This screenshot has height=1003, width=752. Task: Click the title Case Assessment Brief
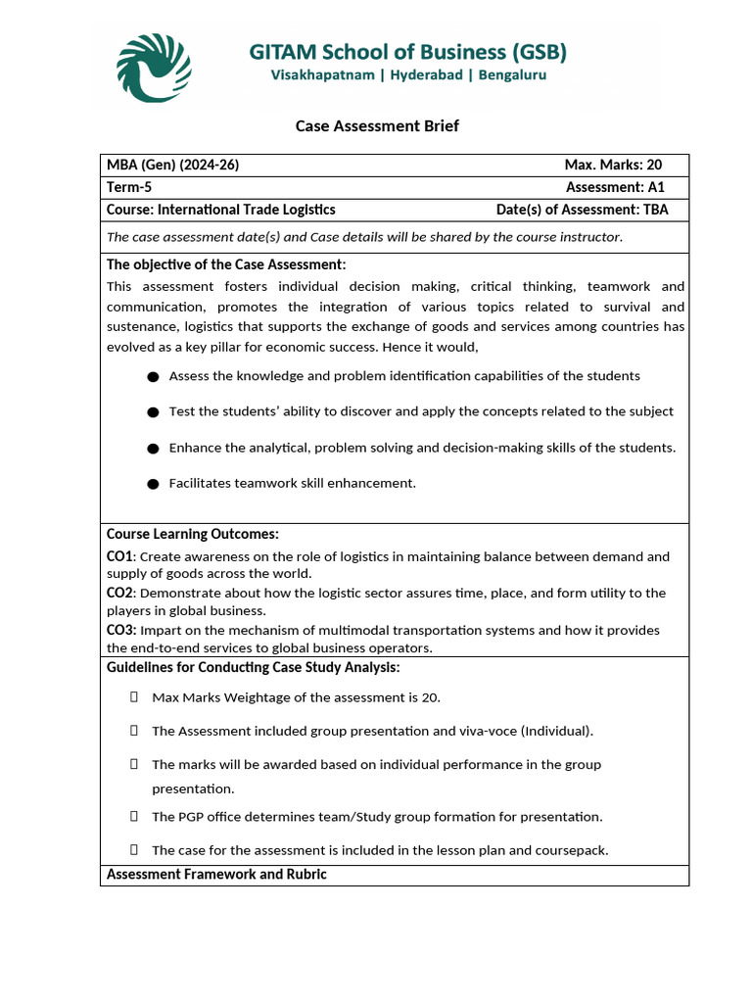(x=377, y=126)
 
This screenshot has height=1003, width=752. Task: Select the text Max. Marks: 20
(x=613, y=165)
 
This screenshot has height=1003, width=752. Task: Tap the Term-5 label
(x=129, y=187)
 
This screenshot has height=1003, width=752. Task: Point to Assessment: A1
(x=614, y=187)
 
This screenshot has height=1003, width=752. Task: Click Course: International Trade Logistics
(x=220, y=210)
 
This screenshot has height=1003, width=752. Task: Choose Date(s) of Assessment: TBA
(x=583, y=210)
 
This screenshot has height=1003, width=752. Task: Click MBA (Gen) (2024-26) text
(x=172, y=165)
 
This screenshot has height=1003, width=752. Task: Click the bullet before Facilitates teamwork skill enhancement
(x=153, y=484)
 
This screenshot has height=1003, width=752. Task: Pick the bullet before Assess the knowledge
(x=153, y=377)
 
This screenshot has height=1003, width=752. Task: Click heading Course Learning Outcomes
(x=193, y=534)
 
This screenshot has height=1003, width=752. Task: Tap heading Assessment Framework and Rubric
(x=216, y=874)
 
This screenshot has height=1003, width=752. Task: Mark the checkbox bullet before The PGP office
(x=133, y=816)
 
